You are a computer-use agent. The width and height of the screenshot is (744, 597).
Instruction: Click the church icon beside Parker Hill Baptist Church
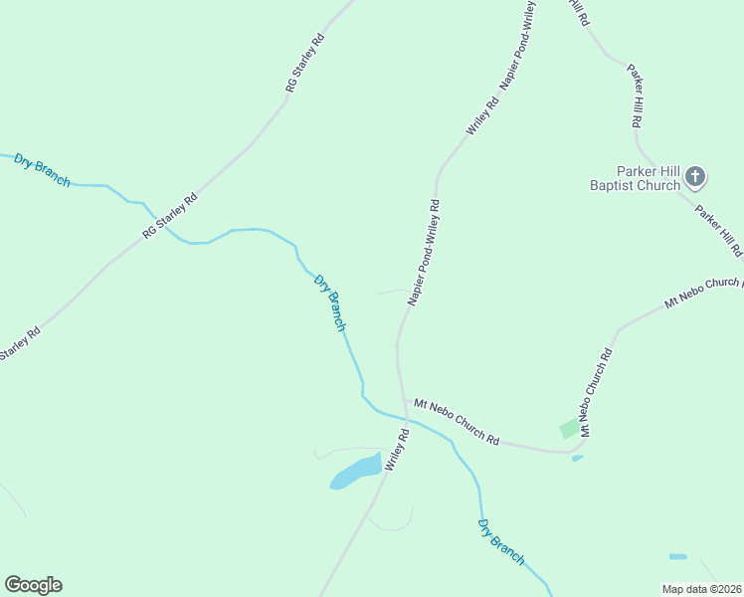click(x=695, y=178)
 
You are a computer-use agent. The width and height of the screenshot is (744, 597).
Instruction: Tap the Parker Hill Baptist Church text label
click(x=635, y=178)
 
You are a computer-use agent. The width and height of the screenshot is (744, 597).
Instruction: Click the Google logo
click(x=33, y=585)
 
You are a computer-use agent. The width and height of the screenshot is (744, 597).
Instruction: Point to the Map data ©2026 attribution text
click(x=702, y=589)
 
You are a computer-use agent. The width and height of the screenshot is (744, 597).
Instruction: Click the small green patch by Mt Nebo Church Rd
click(x=569, y=429)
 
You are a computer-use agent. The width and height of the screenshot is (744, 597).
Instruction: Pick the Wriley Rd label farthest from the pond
click(x=482, y=115)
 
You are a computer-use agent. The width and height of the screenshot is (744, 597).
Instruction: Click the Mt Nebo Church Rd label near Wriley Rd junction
click(x=457, y=421)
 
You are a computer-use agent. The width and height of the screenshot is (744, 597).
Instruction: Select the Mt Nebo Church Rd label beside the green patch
click(x=596, y=392)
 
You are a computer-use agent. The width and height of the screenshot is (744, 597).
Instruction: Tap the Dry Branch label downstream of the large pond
click(x=500, y=542)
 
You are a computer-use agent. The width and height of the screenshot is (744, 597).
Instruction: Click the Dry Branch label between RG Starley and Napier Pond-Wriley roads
click(x=330, y=302)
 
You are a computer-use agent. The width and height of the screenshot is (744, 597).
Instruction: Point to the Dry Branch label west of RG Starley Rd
click(x=43, y=169)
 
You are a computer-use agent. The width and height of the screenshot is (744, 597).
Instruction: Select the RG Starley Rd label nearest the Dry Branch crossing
click(x=170, y=215)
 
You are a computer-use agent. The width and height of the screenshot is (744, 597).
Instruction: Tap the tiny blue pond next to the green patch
click(x=578, y=459)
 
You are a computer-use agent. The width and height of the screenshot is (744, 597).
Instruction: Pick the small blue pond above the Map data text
click(x=677, y=556)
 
